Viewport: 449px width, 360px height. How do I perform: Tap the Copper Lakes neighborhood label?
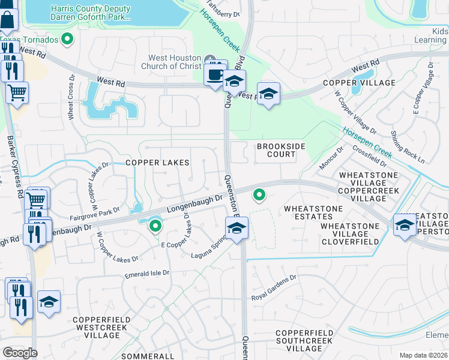coord(157,163)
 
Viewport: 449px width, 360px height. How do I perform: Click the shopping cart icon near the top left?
coord(17,92)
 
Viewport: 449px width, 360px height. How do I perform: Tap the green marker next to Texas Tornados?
coord(67,40)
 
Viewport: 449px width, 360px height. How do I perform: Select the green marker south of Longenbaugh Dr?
coord(155,226)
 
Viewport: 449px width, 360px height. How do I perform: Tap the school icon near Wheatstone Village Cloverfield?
coord(404,224)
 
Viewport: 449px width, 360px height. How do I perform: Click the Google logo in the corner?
coord(20,352)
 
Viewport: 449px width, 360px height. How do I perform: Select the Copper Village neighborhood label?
coord(359,83)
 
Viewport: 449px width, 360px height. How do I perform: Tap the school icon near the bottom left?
coord(49,302)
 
